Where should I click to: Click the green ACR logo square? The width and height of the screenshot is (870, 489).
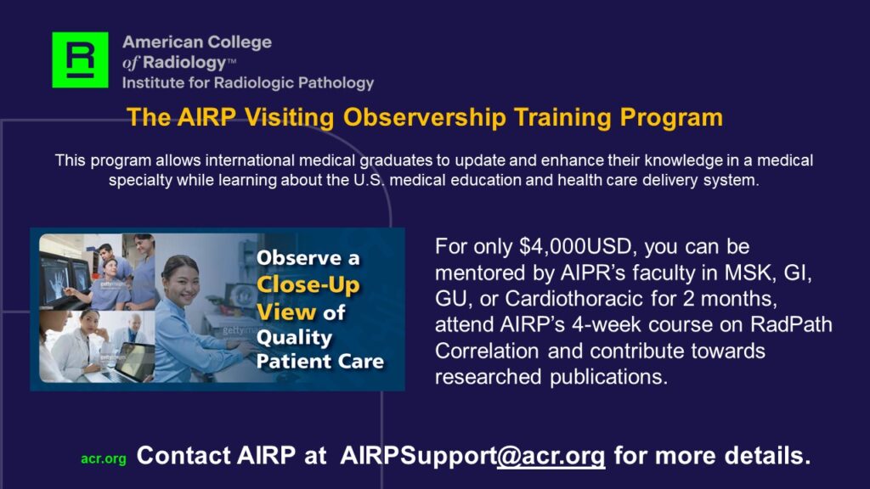80,60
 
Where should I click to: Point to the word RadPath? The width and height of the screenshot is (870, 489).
791,324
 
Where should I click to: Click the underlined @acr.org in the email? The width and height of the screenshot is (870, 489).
551,456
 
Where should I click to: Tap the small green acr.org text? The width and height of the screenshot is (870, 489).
104,459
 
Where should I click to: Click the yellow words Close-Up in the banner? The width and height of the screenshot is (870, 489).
308,285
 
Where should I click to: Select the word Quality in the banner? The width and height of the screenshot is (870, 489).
294,338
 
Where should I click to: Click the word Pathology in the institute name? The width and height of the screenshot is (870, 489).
336,83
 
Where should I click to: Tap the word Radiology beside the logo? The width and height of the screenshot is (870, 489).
184,63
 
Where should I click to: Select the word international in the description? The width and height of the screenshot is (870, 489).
251,160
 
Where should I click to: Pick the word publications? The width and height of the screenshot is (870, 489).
608,378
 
